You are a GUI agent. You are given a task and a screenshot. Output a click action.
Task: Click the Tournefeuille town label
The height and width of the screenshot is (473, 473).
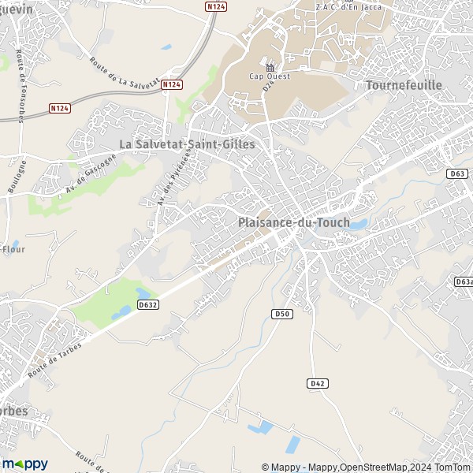coord(404,84)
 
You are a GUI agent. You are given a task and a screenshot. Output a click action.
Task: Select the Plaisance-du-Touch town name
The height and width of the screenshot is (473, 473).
coord(293,223)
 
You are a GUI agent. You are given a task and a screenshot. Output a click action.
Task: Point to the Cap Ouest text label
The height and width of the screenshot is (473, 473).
coord(270,76)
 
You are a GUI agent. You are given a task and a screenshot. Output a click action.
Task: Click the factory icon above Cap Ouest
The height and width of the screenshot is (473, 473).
coord(270,66)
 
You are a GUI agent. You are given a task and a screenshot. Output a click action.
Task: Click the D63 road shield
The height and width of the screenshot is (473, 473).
coord(457,173)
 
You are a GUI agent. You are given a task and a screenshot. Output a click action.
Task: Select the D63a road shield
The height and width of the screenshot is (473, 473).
coord(463,281)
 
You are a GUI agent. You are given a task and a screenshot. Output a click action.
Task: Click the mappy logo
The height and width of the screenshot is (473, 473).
coord(24,464)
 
